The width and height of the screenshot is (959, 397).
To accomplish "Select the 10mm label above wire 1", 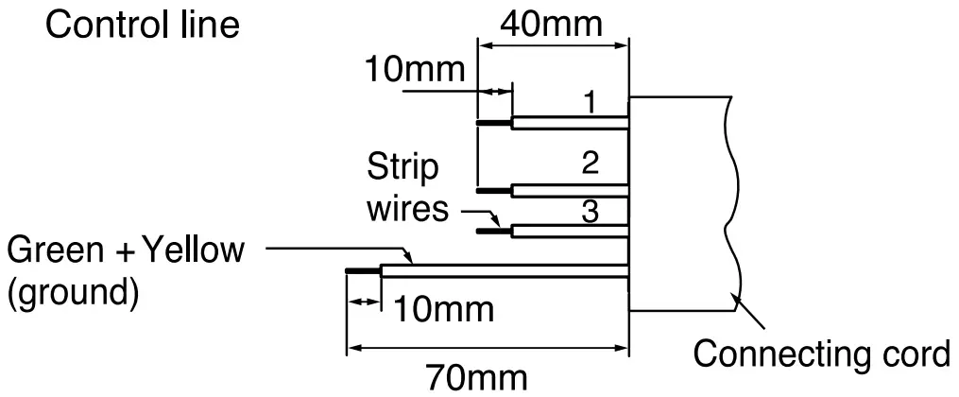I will click(417, 69).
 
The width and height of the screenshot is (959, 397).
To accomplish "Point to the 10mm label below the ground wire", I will click(444, 308).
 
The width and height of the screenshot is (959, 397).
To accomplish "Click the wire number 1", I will click(590, 101).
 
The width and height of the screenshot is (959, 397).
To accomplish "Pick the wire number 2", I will click(590, 164).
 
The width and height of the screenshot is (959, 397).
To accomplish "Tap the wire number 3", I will click(590, 212).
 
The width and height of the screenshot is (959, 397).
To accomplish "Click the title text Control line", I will click(142, 25).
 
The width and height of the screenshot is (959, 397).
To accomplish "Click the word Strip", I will click(403, 169).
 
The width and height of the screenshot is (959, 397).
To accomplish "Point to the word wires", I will click(408, 207).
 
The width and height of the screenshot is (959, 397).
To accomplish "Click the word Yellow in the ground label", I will click(195, 251).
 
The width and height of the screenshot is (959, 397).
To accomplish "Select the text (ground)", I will click(73, 292).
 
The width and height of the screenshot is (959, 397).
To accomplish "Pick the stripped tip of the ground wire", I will click(364, 271).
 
